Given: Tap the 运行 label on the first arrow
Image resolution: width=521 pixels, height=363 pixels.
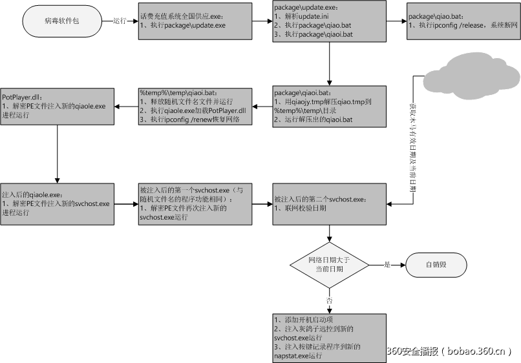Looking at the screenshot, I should coord(120,21).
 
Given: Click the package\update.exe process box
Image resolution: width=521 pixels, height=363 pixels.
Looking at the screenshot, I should coord(330,21).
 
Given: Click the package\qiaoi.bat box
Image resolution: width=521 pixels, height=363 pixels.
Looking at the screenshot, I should coord(330,105).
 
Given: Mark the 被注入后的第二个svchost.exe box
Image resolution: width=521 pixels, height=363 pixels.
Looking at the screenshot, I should coord(330,203).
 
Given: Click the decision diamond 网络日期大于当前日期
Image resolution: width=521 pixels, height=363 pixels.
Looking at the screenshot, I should coord(330,264).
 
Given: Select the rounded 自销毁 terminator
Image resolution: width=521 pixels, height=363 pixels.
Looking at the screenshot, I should coord(436,264).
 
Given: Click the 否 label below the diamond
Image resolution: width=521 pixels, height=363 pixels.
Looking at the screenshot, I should coord(330,301).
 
